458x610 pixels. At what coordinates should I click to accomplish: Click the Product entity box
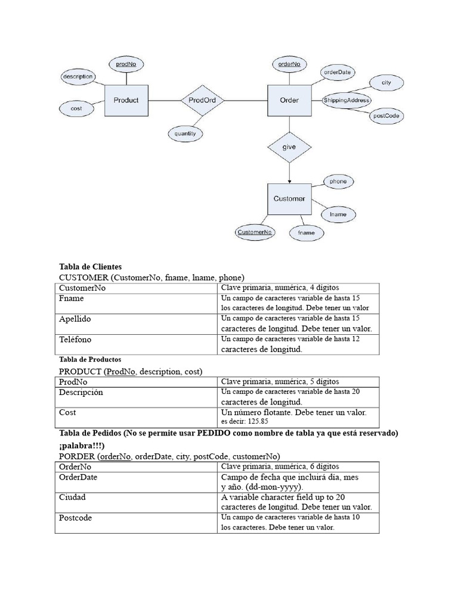pos(126,100)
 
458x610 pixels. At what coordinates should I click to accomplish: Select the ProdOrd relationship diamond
pos(202,100)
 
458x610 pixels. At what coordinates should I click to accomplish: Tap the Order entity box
pos(289,100)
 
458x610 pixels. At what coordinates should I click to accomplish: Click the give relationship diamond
pos(289,146)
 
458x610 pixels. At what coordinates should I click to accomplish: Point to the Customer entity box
pos(289,198)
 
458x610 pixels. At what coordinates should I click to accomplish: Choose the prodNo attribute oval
pos(126,64)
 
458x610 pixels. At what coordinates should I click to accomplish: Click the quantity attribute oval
pos(185,134)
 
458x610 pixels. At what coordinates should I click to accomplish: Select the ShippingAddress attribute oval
pos(346,101)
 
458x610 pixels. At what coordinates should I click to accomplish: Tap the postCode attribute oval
pos(386,116)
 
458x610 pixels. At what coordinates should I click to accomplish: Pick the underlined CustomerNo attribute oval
pos(255,232)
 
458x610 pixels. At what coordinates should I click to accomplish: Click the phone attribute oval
pos(338,181)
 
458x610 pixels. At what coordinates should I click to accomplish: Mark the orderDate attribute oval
pos(338,72)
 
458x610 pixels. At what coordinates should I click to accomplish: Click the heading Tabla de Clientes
pos(90,267)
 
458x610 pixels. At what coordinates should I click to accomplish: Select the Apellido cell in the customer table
pos(75,319)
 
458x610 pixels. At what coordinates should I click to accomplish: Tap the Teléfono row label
pos(75,340)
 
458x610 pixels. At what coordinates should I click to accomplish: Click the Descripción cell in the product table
pos(81,393)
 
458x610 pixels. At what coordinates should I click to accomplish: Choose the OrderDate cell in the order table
pos(78,477)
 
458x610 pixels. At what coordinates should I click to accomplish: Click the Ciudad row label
pos(73,497)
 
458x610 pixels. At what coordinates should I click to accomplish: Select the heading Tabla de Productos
pos(90,360)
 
